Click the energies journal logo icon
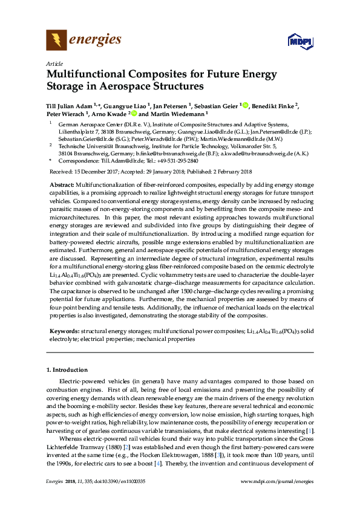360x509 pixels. click(56, 41)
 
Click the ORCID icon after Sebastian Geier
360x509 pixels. click(246, 105)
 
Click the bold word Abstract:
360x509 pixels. click(62, 184)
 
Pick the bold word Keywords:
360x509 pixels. click(64, 332)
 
